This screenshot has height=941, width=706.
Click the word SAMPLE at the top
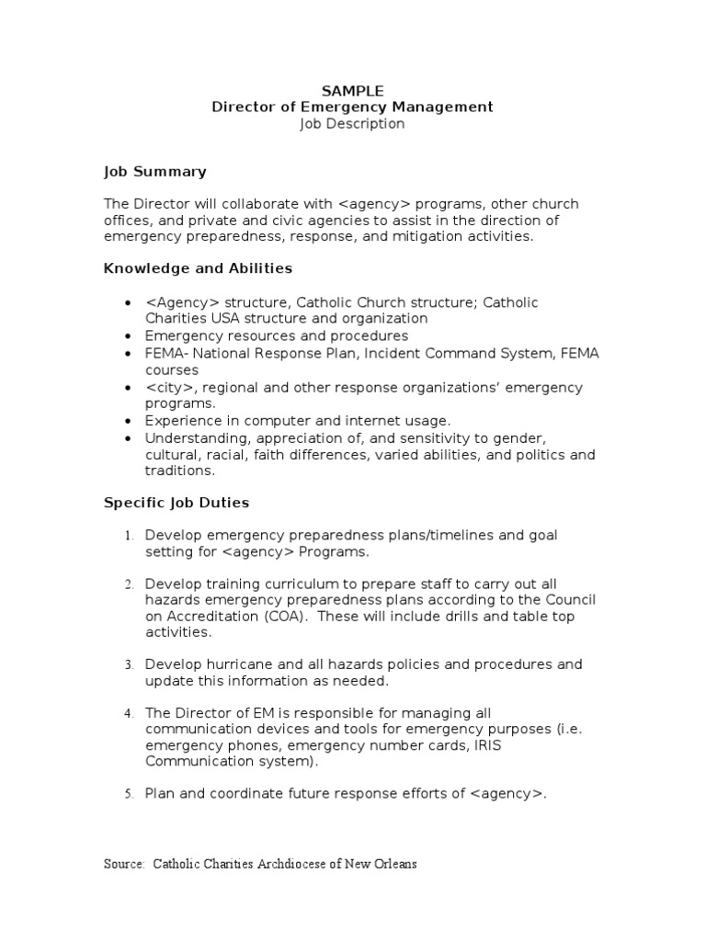click(x=352, y=90)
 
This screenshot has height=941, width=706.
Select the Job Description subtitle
click(x=352, y=124)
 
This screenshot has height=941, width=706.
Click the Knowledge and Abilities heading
click(x=198, y=268)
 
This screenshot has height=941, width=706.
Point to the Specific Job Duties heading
click(x=176, y=504)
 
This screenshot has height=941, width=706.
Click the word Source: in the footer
click(x=124, y=865)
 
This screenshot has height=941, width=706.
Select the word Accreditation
click(x=209, y=617)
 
